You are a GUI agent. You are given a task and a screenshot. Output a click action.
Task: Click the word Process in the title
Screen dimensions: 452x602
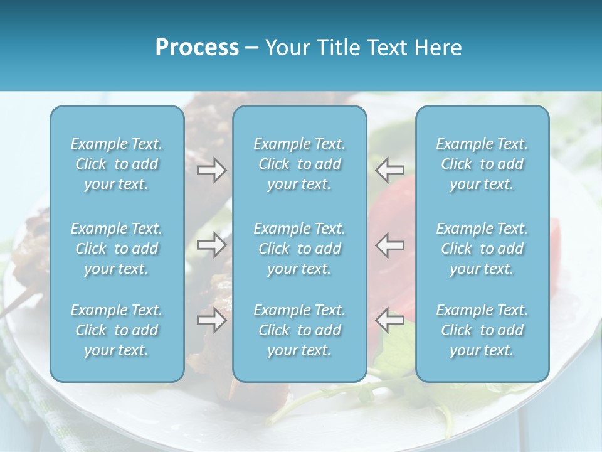click(197, 48)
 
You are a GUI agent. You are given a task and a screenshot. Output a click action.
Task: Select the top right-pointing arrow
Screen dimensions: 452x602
click(212, 170)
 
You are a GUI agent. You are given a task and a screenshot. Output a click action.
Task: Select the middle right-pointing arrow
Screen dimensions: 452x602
click(212, 245)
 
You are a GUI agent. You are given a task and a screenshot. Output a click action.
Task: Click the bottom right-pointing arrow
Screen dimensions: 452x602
click(212, 320)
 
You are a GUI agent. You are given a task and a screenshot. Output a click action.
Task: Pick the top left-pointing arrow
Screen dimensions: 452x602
click(390, 170)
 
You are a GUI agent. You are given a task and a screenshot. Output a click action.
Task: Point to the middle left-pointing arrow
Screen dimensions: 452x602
click(390, 245)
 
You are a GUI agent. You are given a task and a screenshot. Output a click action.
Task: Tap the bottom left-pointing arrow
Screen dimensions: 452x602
click(390, 320)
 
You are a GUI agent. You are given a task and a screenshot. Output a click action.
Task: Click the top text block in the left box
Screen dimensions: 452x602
click(117, 164)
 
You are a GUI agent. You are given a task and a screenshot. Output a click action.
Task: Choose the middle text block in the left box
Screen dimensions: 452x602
click(117, 249)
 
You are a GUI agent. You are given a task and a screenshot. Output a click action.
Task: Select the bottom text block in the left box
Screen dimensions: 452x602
click(117, 330)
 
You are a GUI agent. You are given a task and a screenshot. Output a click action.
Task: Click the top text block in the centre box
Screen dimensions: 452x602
click(300, 164)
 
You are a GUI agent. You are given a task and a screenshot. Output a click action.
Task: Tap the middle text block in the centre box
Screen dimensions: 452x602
click(300, 249)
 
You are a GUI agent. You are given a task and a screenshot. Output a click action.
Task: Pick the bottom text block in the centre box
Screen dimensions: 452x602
click(300, 330)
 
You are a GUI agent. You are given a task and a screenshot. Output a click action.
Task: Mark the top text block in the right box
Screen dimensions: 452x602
click(482, 164)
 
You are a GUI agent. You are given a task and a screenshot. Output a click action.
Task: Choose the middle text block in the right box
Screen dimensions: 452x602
click(482, 249)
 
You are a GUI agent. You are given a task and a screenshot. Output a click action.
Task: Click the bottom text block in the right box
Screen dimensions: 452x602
click(482, 330)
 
